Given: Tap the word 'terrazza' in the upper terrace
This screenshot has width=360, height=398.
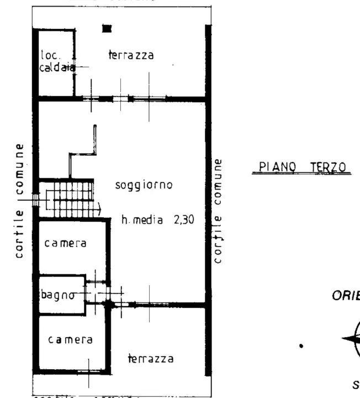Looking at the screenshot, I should click(131, 55).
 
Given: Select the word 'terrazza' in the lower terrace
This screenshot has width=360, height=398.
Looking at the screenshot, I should click(151, 359).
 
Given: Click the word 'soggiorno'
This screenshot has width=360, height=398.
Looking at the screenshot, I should click(144, 185).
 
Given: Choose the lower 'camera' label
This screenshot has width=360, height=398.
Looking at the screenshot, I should click(70, 340).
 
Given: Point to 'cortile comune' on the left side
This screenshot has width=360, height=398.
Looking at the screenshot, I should click(19, 200).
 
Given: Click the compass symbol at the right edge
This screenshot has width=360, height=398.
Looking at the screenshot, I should click(353, 338).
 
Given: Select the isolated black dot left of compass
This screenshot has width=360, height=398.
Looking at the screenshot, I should click(301, 347).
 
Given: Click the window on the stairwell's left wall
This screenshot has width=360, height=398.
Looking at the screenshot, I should click(35, 199).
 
